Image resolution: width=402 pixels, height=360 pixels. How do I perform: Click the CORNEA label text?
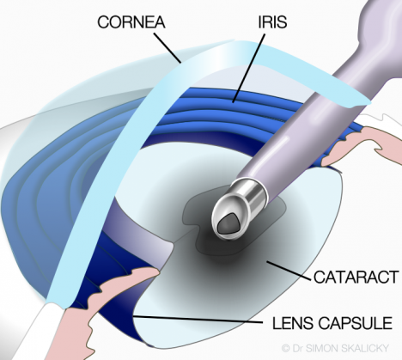(131, 22)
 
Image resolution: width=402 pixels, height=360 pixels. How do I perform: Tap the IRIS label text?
(272, 21)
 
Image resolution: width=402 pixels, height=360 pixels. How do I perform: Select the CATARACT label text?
(356, 277)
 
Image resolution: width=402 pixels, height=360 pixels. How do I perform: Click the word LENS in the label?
(291, 323)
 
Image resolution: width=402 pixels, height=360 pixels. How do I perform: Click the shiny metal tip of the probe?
(239, 208)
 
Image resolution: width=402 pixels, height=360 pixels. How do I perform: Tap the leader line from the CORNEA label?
(167, 48)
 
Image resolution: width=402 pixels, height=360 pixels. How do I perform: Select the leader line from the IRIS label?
(249, 68)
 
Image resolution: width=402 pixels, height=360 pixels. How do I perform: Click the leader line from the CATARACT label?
(289, 271)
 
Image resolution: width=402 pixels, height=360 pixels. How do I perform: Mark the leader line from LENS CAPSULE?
(198, 320)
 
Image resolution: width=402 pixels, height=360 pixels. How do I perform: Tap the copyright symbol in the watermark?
(286, 349)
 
